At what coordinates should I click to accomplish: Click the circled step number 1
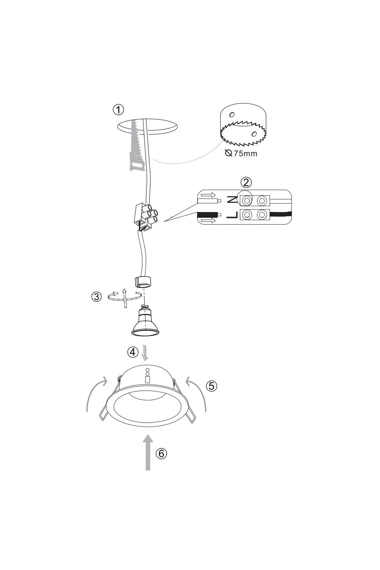point(118,110)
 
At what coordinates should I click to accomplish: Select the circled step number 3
point(96,297)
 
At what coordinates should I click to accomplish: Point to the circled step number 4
point(133,352)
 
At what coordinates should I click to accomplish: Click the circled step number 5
point(212,386)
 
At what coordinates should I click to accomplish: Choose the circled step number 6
point(161,453)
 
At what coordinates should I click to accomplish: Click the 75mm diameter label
point(241,154)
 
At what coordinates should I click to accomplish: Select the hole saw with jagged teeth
point(243,126)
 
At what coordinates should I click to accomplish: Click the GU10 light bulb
point(145,321)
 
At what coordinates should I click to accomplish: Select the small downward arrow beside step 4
point(145,352)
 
